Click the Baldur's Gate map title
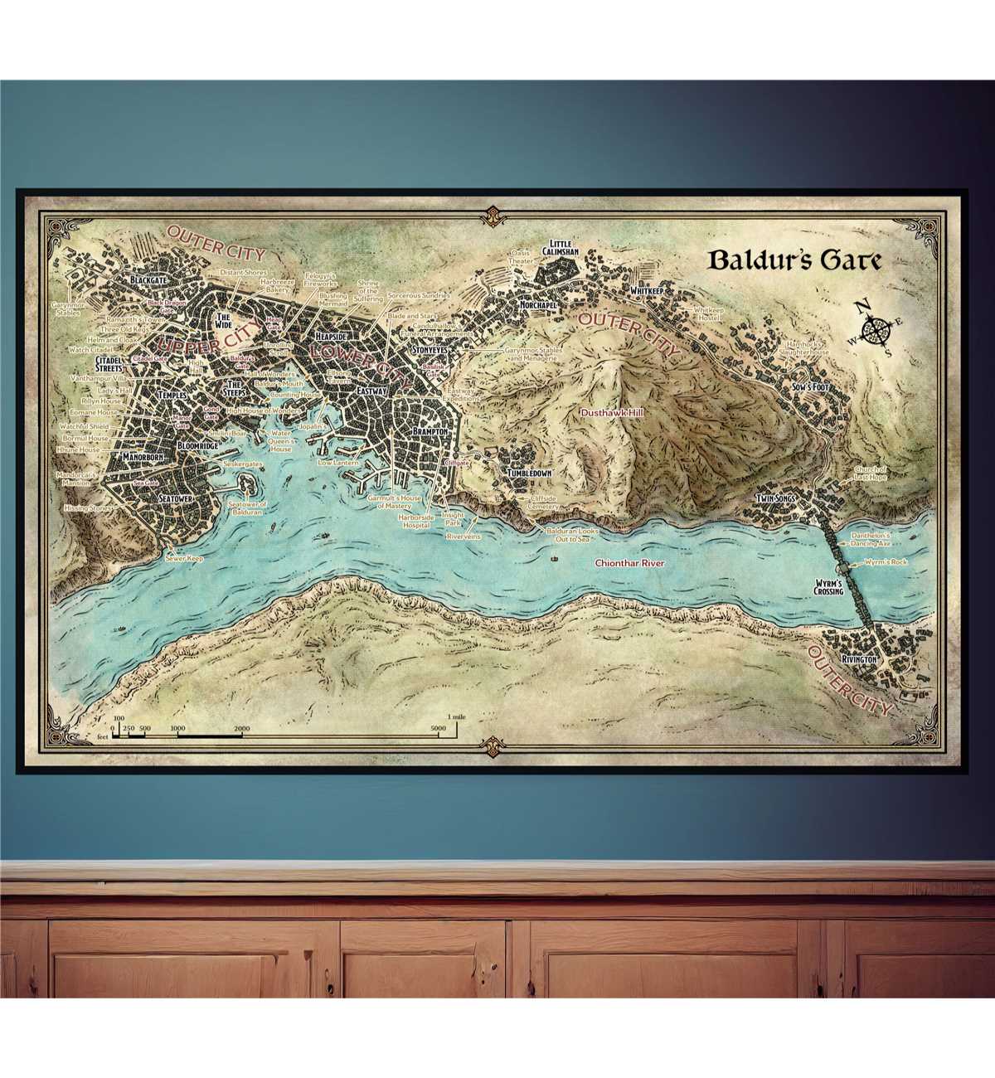pos(794,260)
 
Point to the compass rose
pos(872,330)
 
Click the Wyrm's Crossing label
pos(828,586)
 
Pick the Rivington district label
pos(858,658)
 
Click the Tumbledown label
pos(530,473)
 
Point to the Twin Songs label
pos(776,498)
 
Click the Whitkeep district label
pos(648,292)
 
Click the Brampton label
pos(430,432)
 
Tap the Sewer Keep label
pos(184,559)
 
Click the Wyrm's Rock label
pos(886,562)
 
